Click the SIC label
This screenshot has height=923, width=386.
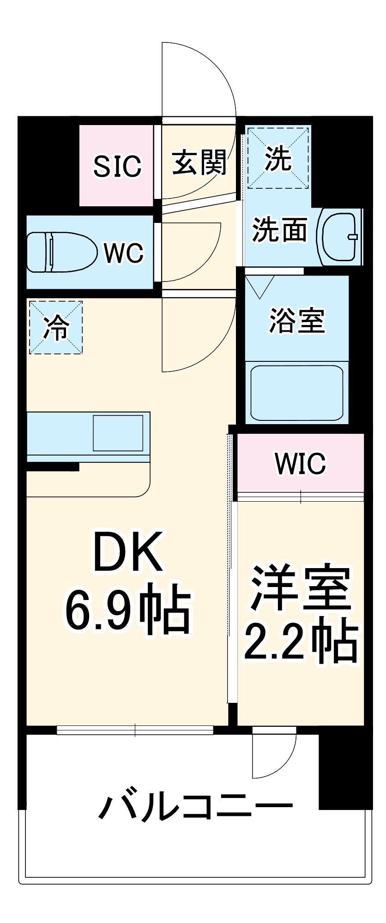click(x=117, y=166)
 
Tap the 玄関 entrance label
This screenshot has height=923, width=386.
click(x=199, y=162)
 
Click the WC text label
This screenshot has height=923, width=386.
click(x=124, y=253)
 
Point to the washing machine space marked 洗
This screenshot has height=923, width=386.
click(x=278, y=158)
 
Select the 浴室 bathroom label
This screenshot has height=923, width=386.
click(x=297, y=320)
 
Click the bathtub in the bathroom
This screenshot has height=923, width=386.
click(x=296, y=392)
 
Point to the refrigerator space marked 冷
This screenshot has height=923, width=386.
click(x=56, y=328)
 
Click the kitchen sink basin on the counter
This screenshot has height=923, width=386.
click(x=118, y=433)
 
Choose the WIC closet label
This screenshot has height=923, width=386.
click(x=301, y=463)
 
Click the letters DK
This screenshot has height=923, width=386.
click(x=128, y=552)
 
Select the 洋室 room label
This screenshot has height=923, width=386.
click(x=301, y=587)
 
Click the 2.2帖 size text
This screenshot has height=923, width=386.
click(x=301, y=642)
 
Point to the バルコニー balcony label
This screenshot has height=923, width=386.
click(x=196, y=807)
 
